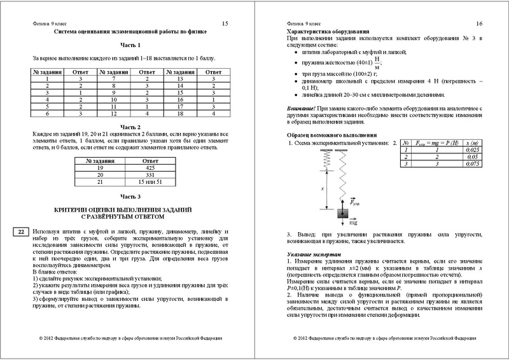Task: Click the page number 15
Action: [x=225, y=24]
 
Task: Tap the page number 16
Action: [x=479, y=24]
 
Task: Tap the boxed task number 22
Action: [x=20, y=232]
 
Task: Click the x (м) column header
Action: [x=472, y=144]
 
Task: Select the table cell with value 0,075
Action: [x=472, y=164]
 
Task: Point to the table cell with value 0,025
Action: [x=472, y=151]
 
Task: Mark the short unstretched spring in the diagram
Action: [x=321, y=160]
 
